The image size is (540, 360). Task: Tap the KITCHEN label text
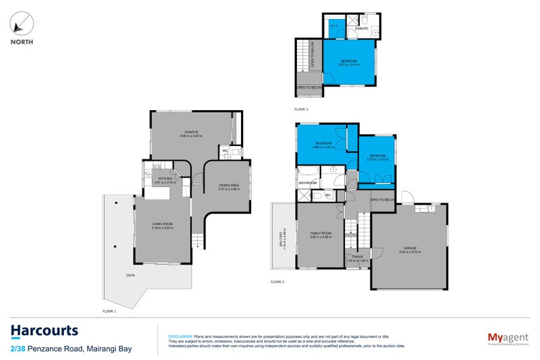coord(166,178)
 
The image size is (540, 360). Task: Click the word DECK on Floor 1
coord(130,275)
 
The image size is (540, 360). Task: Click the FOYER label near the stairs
coord(358,257)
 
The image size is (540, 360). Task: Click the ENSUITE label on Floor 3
coord(360,28)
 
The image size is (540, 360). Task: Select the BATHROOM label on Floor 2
coord(308,182)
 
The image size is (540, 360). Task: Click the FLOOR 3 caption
coord(301,109)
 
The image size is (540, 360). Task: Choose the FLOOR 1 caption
coord(109,311)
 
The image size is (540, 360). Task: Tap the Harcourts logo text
coord(45,331)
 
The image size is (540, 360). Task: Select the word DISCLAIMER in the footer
coord(180,336)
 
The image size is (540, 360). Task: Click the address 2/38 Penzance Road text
coord(71,349)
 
